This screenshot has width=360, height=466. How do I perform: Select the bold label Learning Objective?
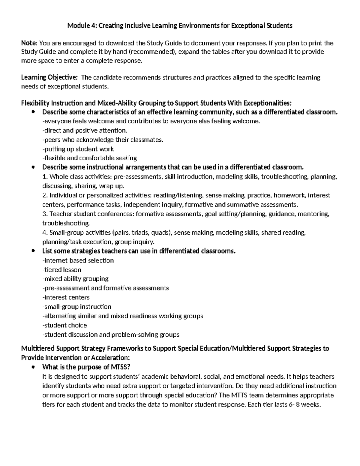point(49,77)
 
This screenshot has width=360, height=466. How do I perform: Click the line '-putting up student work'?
point(78,149)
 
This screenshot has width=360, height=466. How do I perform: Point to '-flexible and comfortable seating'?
point(90,158)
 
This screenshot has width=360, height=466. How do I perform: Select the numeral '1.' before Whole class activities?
point(45,176)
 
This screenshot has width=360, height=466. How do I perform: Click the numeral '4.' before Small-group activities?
point(45,232)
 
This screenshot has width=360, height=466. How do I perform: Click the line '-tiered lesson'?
point(62,269)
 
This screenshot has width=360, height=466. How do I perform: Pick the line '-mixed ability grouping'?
point(76,278)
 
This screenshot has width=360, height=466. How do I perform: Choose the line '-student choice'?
point(65,325)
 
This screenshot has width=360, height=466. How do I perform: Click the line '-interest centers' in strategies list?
point(66,297)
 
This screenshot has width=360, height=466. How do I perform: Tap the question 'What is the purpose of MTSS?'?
point(86,367)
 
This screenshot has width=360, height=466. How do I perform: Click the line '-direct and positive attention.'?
point(85,130)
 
